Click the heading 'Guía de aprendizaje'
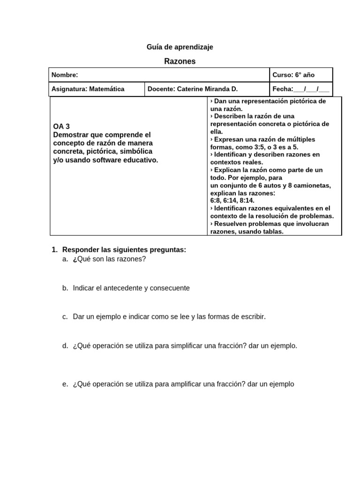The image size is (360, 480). (x=180, y=47)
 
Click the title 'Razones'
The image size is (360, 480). (x=180, y=61)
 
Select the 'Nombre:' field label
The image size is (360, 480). (x=65, y=75)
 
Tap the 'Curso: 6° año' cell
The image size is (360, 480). (x=294, y=75)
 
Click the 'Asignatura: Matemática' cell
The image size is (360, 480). (x=88, y=89)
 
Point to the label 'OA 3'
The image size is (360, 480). (x=61, y=127)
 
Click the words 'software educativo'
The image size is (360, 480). (x=130, y=160)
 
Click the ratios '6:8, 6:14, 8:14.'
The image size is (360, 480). (x=232, y=200)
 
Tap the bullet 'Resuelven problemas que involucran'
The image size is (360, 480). (x=270, y=224)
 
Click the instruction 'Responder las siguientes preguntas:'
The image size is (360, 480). (x=124, y=250)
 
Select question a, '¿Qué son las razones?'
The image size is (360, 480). (x=109, y=259)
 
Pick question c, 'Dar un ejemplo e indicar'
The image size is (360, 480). (x=112, y=316)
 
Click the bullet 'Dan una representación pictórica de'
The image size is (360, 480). (x=268, y=101)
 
